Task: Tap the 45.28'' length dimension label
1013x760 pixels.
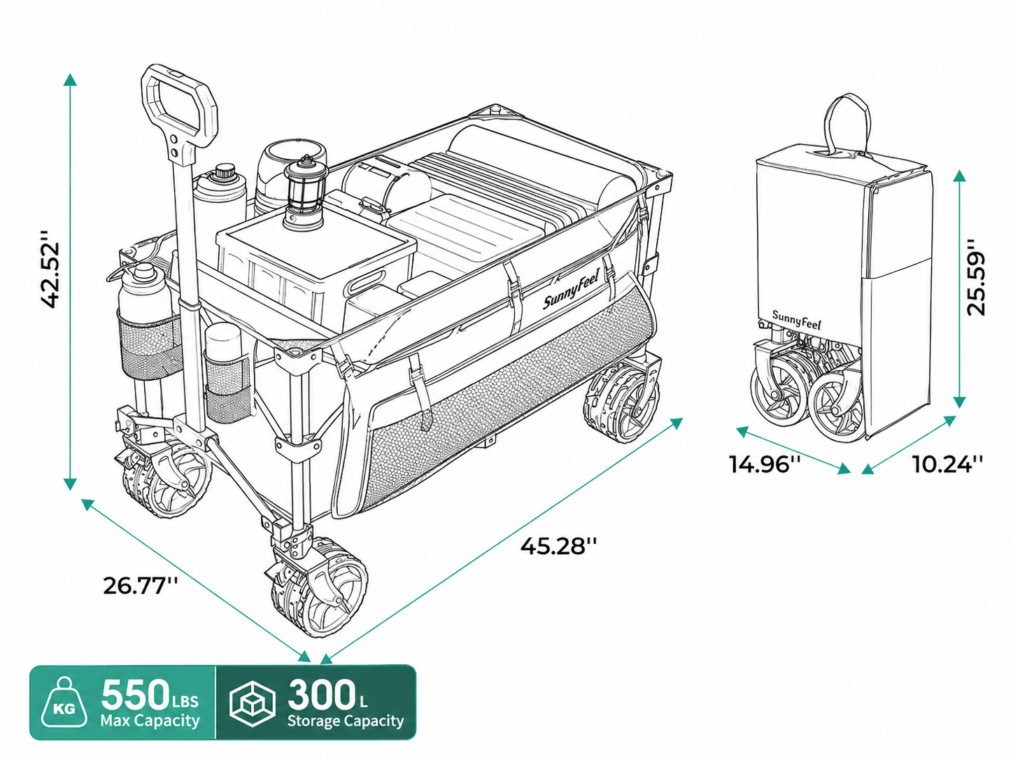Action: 558,547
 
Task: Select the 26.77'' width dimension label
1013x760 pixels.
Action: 140,586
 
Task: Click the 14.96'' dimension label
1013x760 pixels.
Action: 765,464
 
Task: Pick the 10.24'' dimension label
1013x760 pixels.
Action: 947,464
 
